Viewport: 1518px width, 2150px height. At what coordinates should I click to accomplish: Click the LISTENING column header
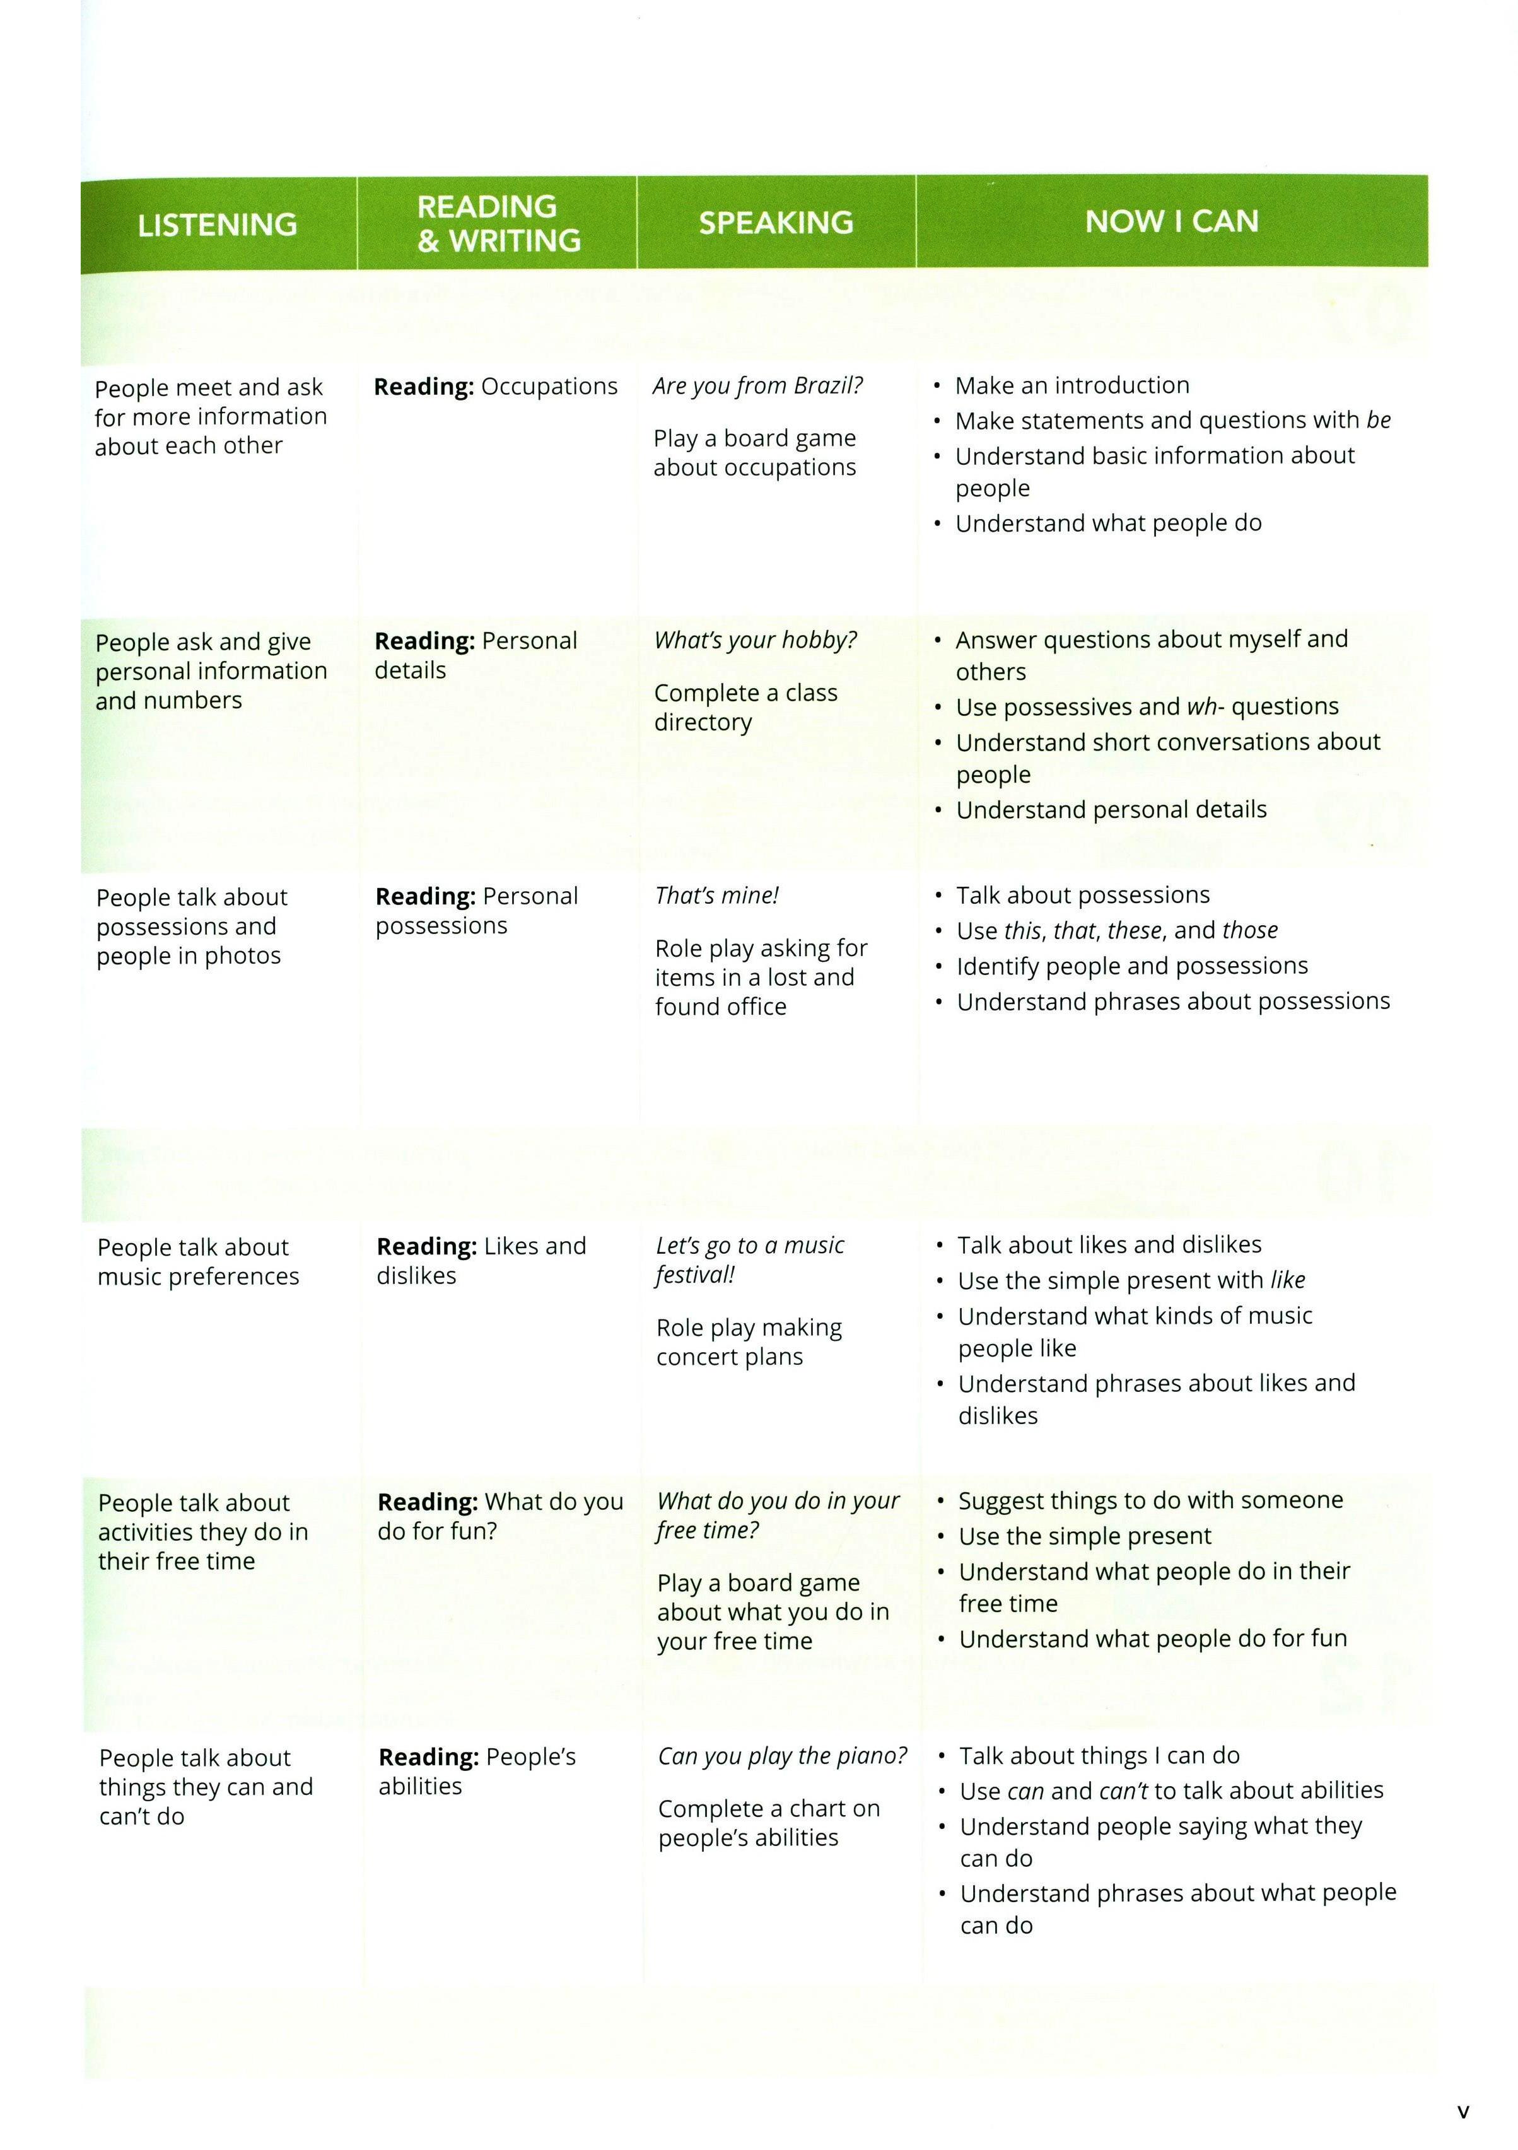(217, 225)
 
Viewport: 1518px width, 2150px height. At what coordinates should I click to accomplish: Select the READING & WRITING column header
(498, 224)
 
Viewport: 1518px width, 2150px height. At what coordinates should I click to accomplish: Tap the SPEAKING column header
(775, 223)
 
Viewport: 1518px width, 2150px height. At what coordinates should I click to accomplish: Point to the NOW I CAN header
(1172, 222)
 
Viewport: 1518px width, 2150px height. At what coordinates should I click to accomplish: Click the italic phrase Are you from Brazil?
(757, 386)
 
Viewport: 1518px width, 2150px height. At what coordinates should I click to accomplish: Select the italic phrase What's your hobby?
(756, 641)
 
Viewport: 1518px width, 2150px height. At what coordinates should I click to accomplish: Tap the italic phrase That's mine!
(717, 896)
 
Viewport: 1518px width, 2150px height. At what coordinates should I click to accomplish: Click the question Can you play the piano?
(782, 1756)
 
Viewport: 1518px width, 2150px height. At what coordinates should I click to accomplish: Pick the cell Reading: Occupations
(496, 387)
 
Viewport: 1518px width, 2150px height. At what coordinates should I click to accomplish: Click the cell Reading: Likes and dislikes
(481, 1260)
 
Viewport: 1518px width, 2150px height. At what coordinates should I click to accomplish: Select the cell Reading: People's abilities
(477, 1772)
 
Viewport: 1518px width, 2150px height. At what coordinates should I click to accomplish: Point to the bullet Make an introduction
(1071, 386)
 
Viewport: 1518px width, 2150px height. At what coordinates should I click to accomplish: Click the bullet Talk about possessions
(1083, 895)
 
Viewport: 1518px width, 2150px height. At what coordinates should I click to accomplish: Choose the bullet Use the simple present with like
(1130, 1280)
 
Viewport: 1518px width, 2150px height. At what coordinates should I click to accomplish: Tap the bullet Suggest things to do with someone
(1150, 1500)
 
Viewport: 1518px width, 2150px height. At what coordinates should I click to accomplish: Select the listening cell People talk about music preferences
(197, 1261)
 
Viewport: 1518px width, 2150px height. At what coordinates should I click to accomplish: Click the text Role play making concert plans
(748, 1342)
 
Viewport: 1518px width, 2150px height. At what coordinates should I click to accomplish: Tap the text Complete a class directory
(745, 708)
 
